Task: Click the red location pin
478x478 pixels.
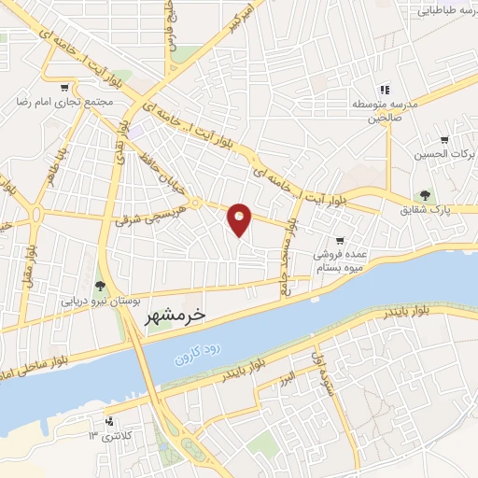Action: (240, 219)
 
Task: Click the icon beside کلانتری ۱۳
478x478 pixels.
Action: (109, 420)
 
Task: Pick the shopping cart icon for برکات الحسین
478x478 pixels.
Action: (443, 140)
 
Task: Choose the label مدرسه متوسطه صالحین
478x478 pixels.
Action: (383, 110)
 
